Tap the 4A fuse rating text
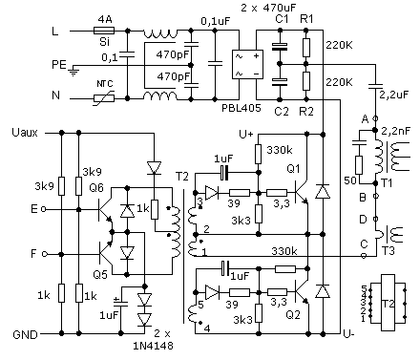[105, 16]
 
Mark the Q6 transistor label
[95, 188]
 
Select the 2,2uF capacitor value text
[391, 96]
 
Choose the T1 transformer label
[388, 181]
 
